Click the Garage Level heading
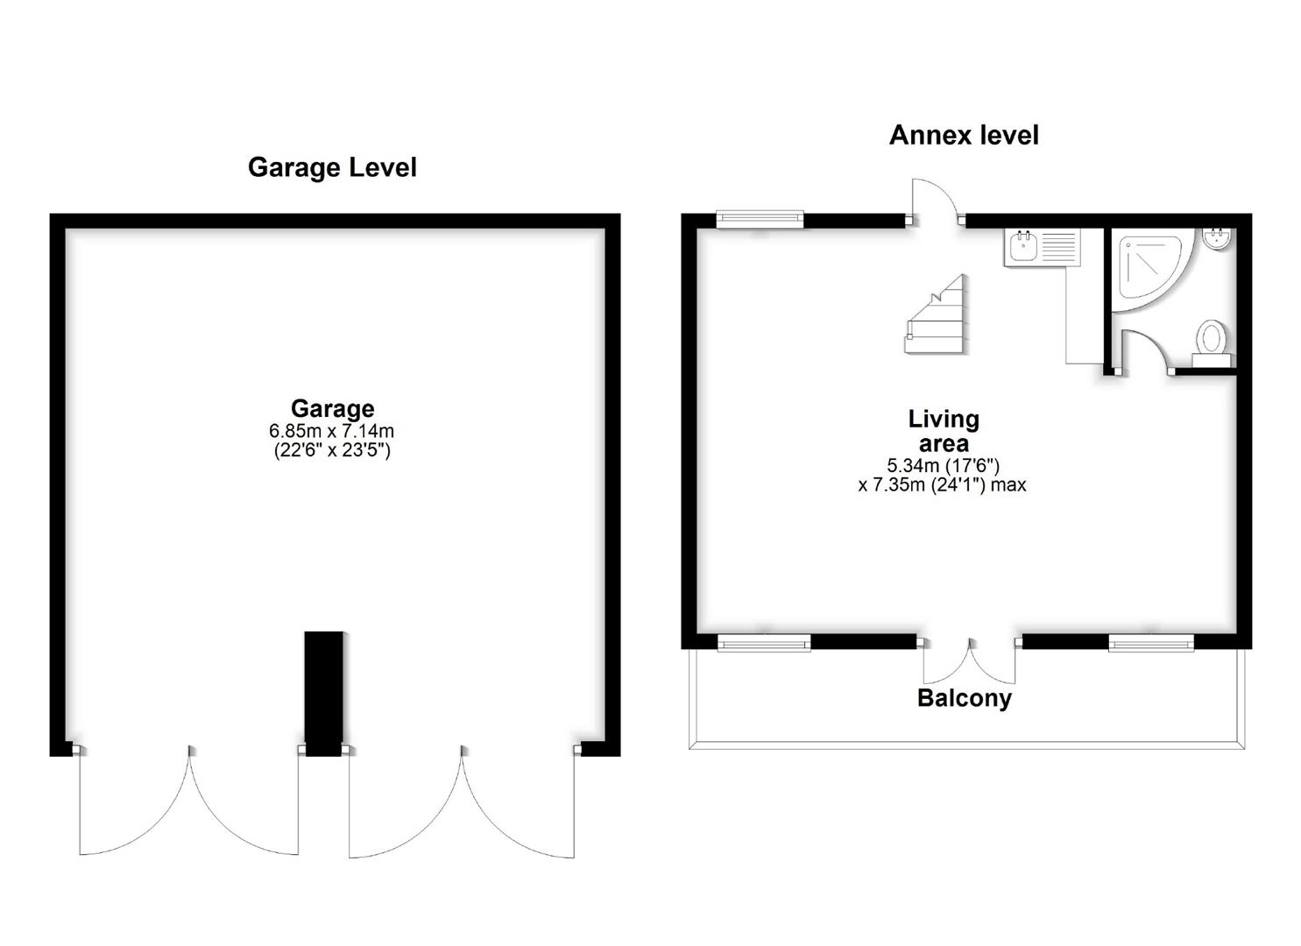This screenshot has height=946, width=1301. pos(332,167)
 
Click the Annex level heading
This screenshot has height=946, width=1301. pos(964,135)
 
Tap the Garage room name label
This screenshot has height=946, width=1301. pos(332,408)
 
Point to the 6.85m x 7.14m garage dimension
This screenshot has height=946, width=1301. pos(332,431)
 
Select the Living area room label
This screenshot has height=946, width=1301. pos(943,431)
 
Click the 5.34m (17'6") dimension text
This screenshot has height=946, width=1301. pos(943,465)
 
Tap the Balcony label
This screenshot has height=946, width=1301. pos(964,698)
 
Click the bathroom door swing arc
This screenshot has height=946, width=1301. pos(1146,350)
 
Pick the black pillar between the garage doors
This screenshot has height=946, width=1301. pos(324,692)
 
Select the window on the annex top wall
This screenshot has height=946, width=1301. pos(760,219)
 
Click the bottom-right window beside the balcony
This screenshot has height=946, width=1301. pos(1150,644)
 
